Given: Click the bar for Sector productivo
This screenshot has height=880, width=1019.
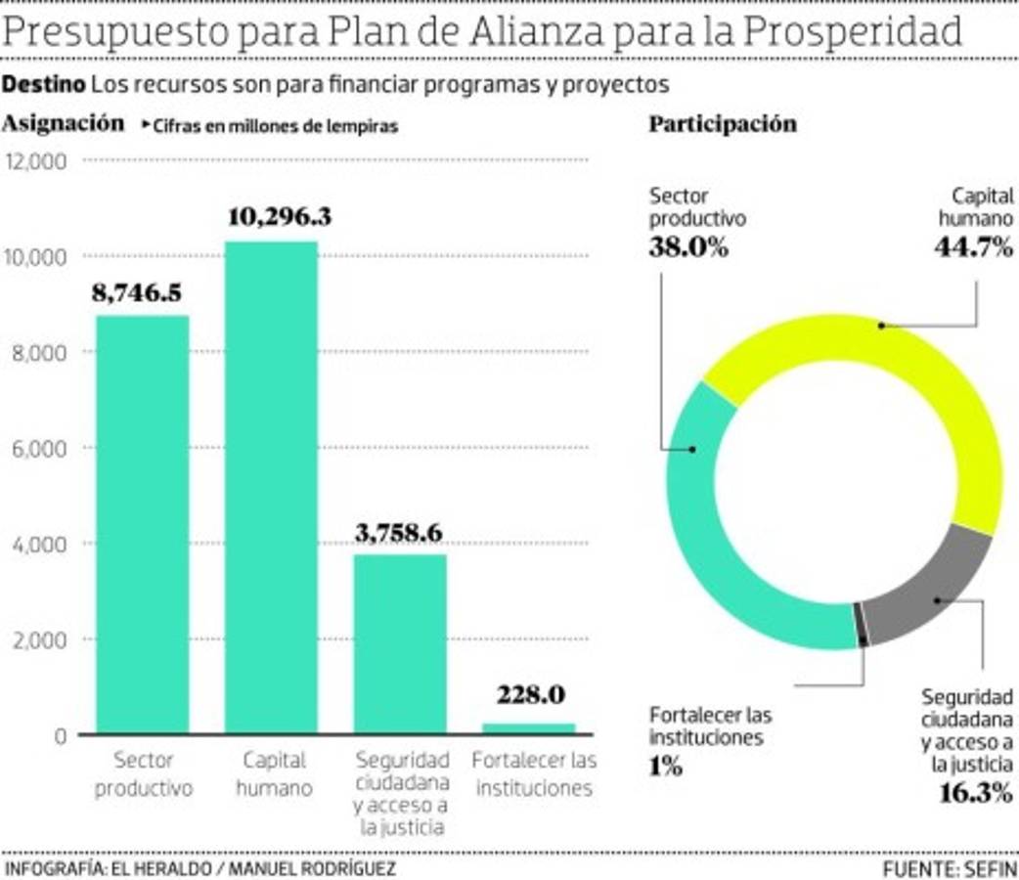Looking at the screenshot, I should tap(142, 523).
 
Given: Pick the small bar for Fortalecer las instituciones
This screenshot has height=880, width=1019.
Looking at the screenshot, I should tap(529, 727).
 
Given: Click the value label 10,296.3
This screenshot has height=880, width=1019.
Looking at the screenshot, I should tap(279, 217).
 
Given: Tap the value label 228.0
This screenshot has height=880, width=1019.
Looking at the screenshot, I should tap(530, 695).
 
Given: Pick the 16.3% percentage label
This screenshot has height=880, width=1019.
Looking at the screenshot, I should tap(974, 792).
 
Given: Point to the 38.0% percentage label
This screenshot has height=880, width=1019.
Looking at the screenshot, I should tap(688, 247).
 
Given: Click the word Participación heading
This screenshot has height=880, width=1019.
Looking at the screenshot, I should tap(723, 124).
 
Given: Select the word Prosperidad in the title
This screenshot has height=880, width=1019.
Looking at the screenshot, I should tap(852, 31).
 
